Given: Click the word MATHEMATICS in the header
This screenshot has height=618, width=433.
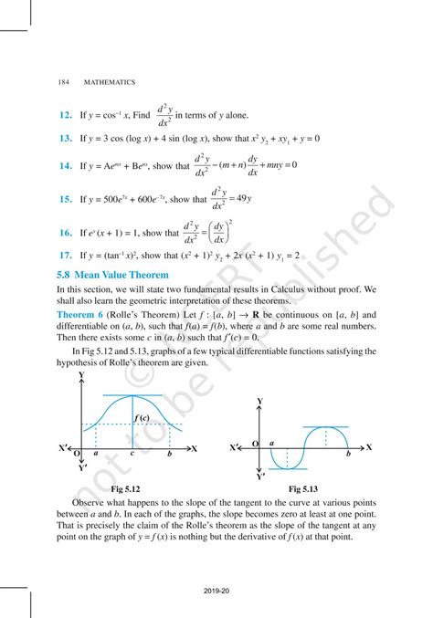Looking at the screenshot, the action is [x=111, y=81].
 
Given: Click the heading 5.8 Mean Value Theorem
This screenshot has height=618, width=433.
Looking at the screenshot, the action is [x=111, y=274].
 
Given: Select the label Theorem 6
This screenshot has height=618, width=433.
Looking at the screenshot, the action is [x=87, y=311].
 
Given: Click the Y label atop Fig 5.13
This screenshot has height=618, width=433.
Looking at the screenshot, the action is [x=260, y=402].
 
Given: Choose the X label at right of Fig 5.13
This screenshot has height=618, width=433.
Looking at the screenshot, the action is [x=368, y=447].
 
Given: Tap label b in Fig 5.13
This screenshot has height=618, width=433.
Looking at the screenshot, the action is [x=347, y=454].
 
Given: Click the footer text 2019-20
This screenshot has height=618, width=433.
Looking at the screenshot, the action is [x=216, y=591].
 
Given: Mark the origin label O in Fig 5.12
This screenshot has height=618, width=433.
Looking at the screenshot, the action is [x=77, y=454].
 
